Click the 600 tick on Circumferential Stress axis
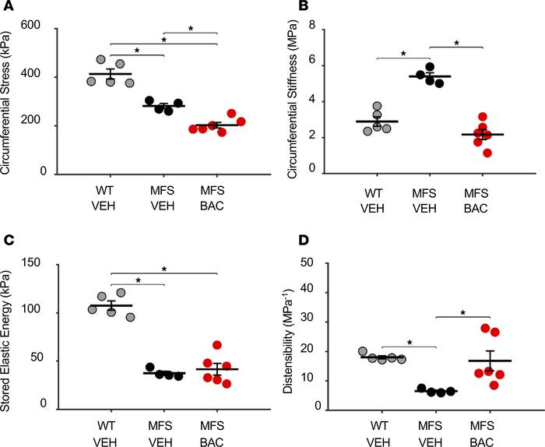coord(51,30)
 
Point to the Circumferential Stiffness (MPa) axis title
coord(291,100)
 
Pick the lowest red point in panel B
coord(487,153)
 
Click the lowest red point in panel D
coord(494,385)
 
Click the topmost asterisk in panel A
coord(190,28)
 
